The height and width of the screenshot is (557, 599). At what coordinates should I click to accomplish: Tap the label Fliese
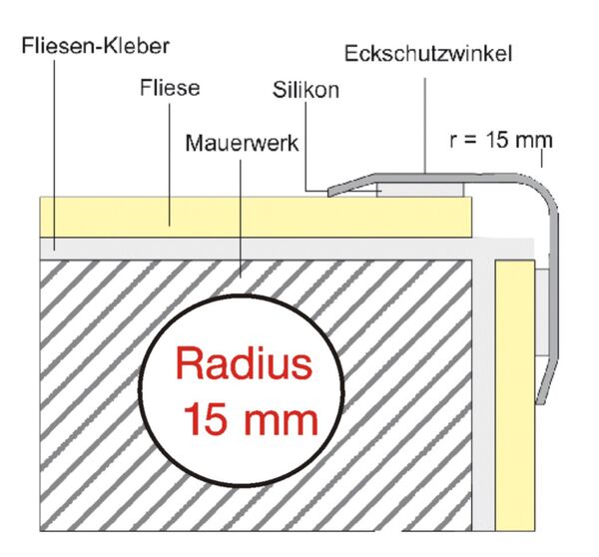tap(171, 89)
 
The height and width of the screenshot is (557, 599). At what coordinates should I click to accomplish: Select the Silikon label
tap(306, 90)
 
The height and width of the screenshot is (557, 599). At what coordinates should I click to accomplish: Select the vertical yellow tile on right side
tap(513, 399)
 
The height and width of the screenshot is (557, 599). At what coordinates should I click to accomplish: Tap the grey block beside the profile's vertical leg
tap(540, 309)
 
